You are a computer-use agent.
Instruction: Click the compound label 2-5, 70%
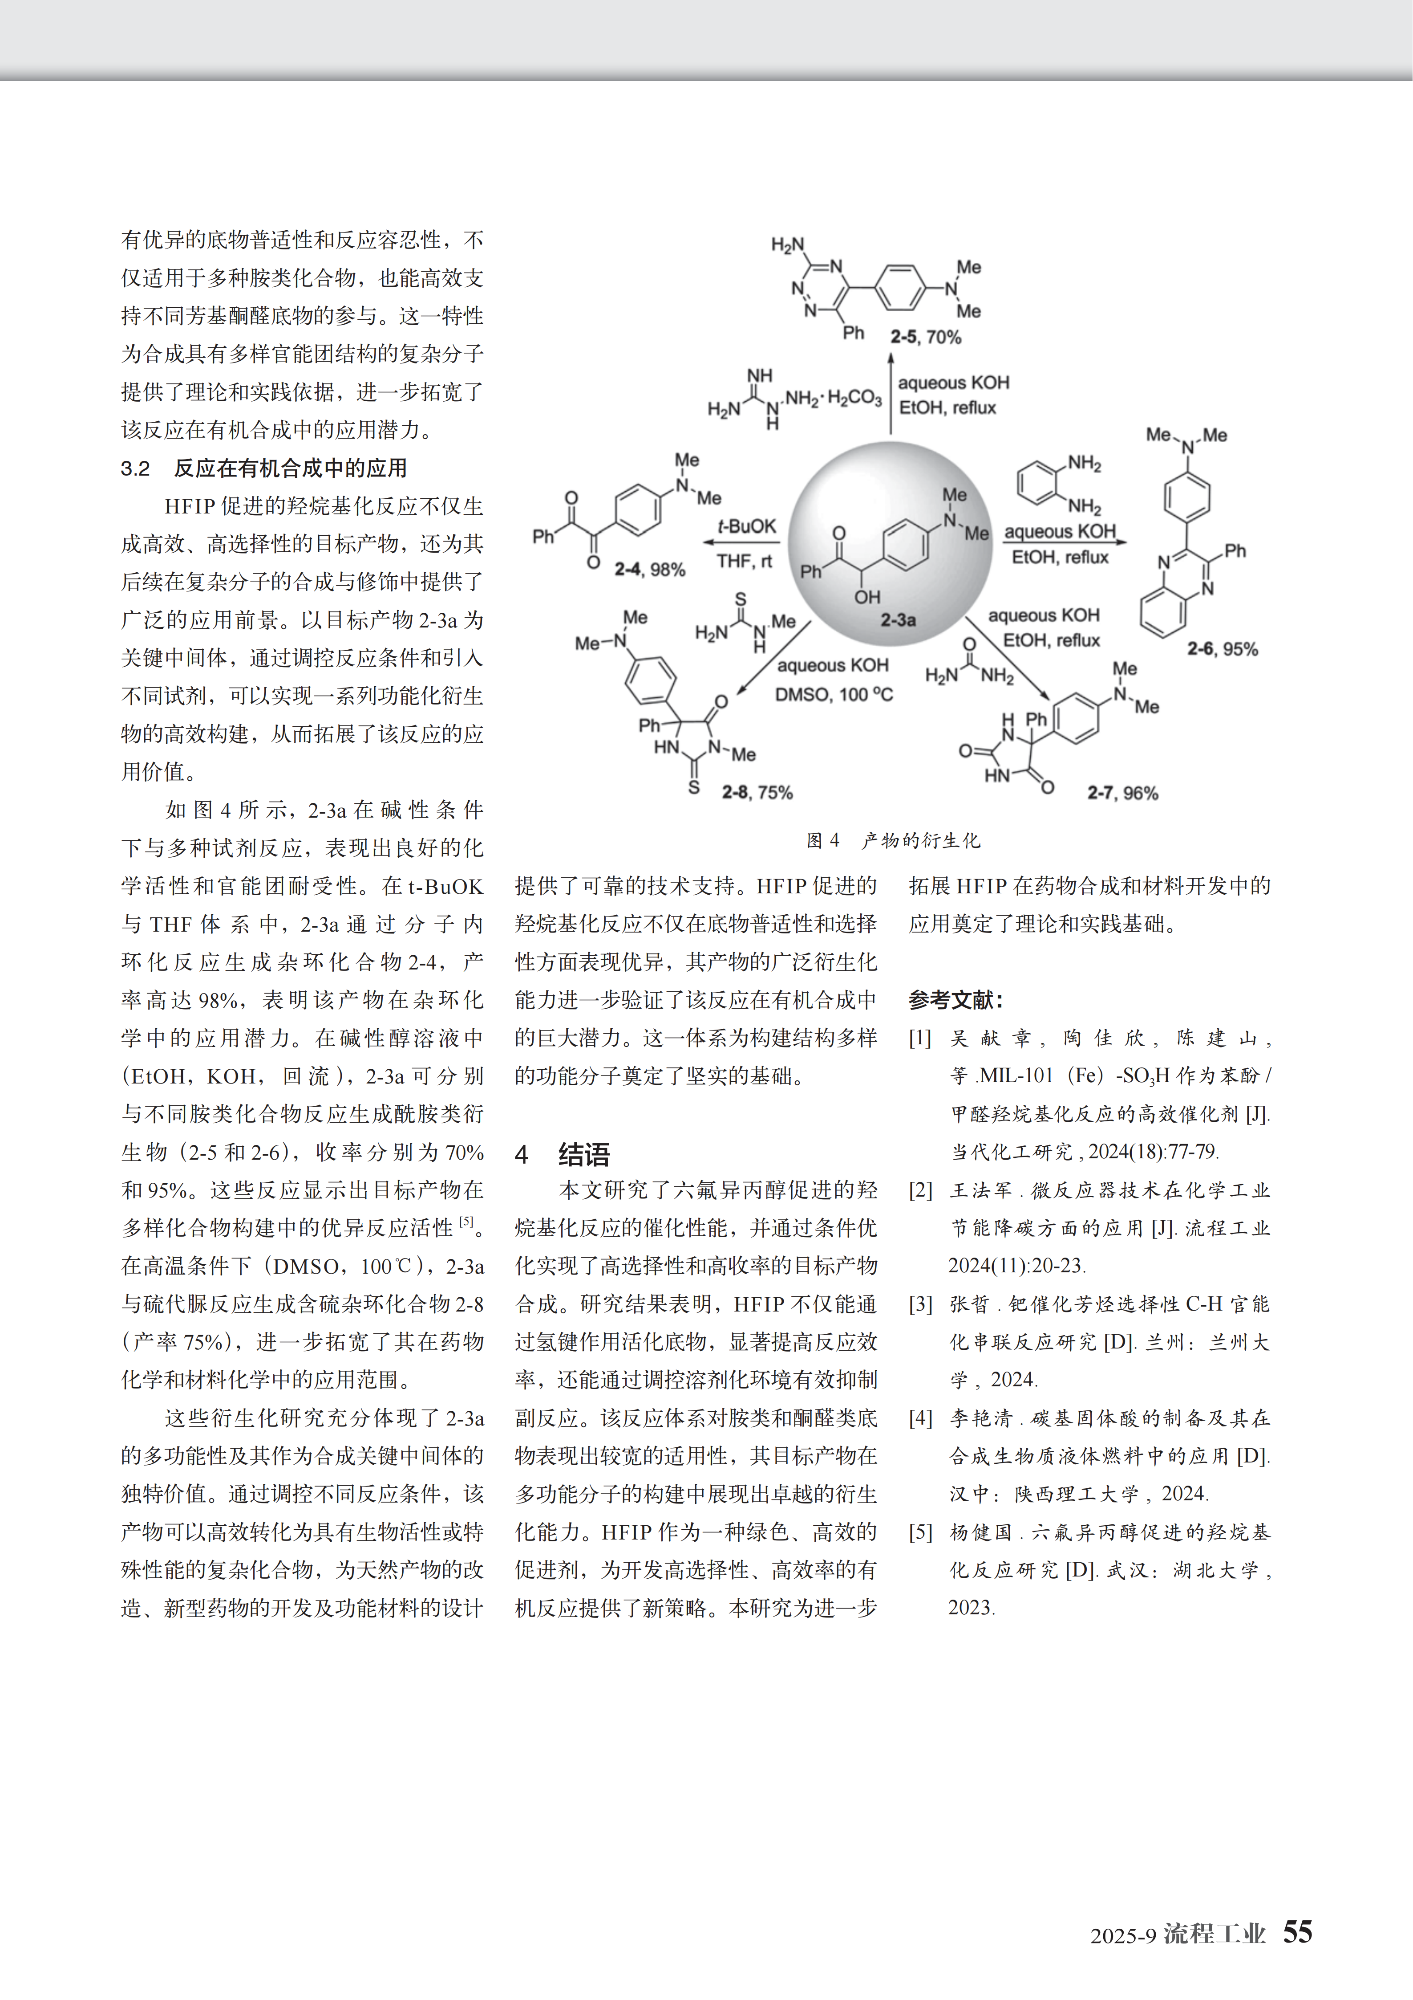(x=925, y=337)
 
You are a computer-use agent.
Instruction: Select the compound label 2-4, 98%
(x=649, y=570)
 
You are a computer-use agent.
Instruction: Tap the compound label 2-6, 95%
(x=1223, y=649)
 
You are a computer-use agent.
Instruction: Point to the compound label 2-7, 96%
(x=1122, y=793)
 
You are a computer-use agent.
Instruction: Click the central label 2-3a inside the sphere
(x=898, y=620)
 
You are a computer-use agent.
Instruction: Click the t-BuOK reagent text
(x=746, y=526)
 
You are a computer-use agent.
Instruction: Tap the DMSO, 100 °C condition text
(x=833, y=694)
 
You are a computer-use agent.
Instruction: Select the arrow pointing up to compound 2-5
(x=891, y=392)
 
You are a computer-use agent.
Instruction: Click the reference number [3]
(x=920, y=1304)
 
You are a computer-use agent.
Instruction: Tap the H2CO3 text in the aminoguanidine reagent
(x=854, y=398)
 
